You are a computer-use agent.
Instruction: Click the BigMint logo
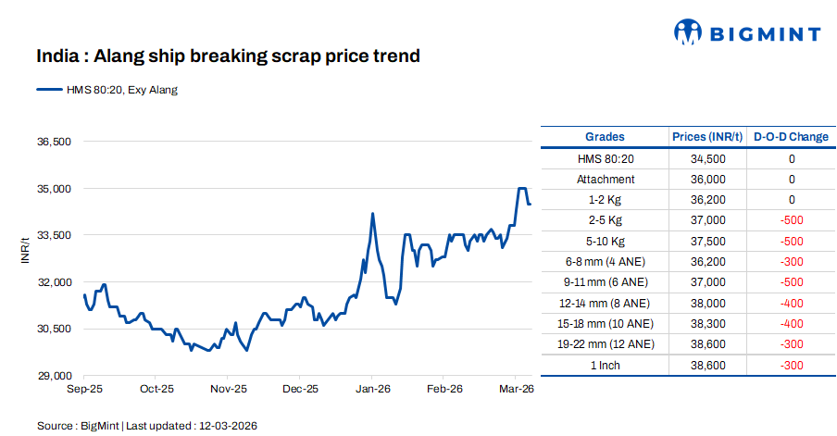coord(746,33)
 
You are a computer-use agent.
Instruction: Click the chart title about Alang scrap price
coord(228,56)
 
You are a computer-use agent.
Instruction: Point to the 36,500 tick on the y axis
coord(54,142)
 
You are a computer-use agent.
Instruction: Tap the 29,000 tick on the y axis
coord(54,376)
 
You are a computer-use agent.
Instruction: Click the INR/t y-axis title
coord(25,251)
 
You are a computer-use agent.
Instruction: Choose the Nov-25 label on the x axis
coord(228,390)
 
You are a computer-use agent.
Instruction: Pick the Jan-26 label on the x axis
coord(371,390)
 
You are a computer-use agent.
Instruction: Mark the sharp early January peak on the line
coord(372,214)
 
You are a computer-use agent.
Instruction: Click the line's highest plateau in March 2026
coord(521,188)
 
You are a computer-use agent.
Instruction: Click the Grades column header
coord(605,137)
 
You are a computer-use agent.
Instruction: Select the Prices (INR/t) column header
coord(707,137)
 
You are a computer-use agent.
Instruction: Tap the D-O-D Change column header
coord(791,137)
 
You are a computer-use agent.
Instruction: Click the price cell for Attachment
coord(707,180)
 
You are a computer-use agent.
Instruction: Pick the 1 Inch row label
coord(605,366)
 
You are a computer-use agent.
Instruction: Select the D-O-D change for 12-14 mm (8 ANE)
coord(791,303)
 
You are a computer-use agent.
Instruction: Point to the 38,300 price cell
coord(707,323)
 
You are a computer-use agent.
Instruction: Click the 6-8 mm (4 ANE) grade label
coord(605,262)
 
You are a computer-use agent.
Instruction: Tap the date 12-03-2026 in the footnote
coord(226,426)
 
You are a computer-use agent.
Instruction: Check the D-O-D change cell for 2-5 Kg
coord(791,220)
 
